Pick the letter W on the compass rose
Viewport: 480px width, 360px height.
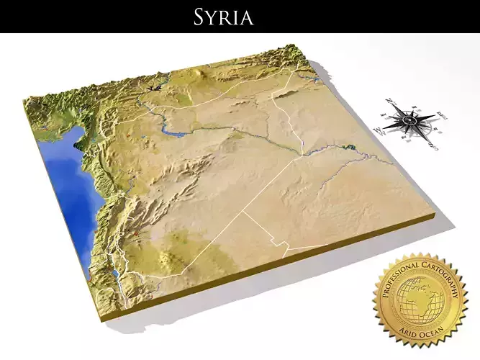pyautogui.click(x=379, y=130)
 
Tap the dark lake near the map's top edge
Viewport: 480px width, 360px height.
pyautogui.click(x=153, y=87)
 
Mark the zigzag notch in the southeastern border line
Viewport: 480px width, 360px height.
pyautogui.click(x=286, y=248)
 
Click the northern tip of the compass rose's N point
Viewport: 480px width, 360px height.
pyautogui.click(x=386, y=98)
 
